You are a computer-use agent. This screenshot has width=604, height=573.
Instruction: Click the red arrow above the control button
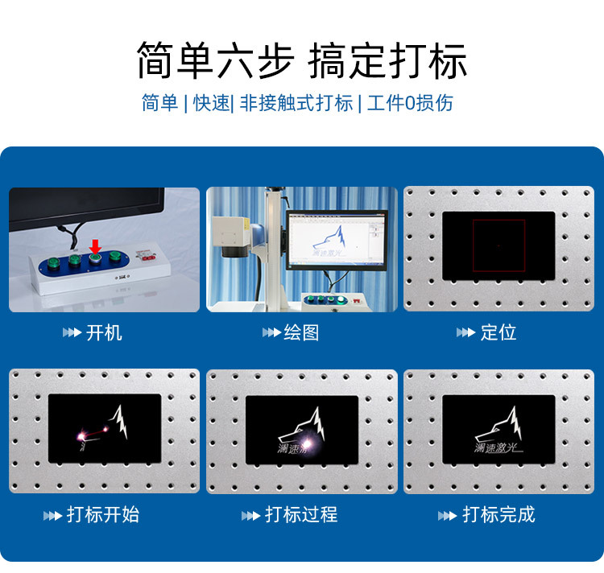tap(95, 245)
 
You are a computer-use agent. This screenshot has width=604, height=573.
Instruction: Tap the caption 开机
tap(104, 332)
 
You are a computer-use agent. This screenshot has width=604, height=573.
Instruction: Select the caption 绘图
tap(301, 332)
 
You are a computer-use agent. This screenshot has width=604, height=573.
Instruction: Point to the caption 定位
tap(499, 332)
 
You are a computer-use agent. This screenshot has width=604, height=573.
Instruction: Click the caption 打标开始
tap(102, 514)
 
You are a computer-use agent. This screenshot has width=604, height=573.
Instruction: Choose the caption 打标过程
tap(301, 514)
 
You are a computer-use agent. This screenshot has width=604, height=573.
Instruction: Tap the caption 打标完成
tap(499, 514)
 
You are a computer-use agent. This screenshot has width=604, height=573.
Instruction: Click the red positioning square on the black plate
tap(499, 245)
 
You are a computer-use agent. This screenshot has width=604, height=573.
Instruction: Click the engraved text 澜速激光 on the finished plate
tap(498, 447)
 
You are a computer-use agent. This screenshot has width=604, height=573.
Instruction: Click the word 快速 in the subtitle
tap(211, 103)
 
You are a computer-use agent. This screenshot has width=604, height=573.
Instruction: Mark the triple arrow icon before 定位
tap(465, 333)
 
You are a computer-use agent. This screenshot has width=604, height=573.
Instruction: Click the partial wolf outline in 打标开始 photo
tap(120, 418)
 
